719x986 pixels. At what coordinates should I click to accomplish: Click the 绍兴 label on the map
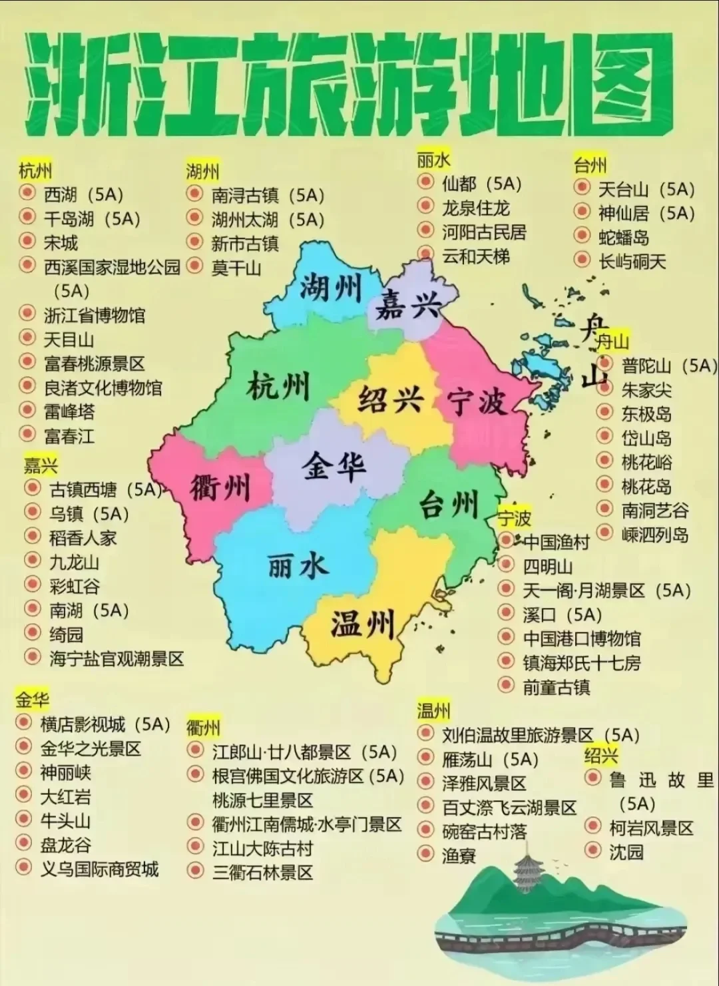pyautogui.click(x=391, y=399)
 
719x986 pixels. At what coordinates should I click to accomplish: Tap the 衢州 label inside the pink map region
pyautogui.click(x=219, y=488)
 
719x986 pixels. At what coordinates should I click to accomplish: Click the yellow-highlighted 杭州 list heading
pyautogui.click(x=35, y=170)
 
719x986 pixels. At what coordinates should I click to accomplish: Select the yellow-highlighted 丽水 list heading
pyautogui.click(x=433, y=160)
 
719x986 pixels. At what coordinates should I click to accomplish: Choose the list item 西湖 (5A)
pyautogui.click(x=83, y=194)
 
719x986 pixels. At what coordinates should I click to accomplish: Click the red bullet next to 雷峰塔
pyautogui.click(x=27, y=410)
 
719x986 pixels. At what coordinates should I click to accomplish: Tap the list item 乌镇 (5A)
pyautogui.click(x=89, y=514)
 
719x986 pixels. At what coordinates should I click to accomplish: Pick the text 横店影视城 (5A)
pyautogui.click(x=105, y=724)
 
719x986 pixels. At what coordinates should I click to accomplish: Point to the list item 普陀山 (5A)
pyautogui.click(x=668, y=366)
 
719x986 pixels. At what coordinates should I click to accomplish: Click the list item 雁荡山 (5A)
pyautogui.click(x=489, y=760)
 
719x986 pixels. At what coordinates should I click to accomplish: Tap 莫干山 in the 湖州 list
pyautogui.click(x=236, y=268)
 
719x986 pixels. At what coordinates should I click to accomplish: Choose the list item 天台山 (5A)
pyautogui.click(x=646, y=189)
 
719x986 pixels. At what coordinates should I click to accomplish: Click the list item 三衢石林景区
pyautogui.click(x=262, y=872)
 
